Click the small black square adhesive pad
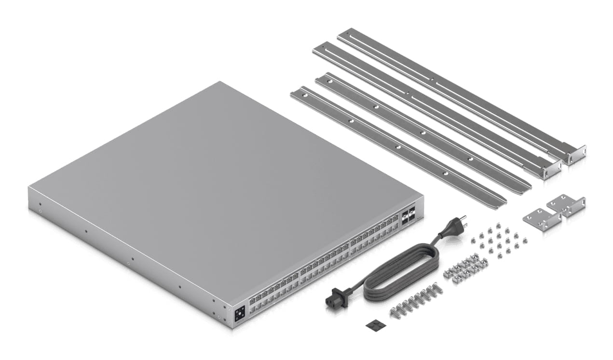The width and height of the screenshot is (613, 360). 372,325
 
